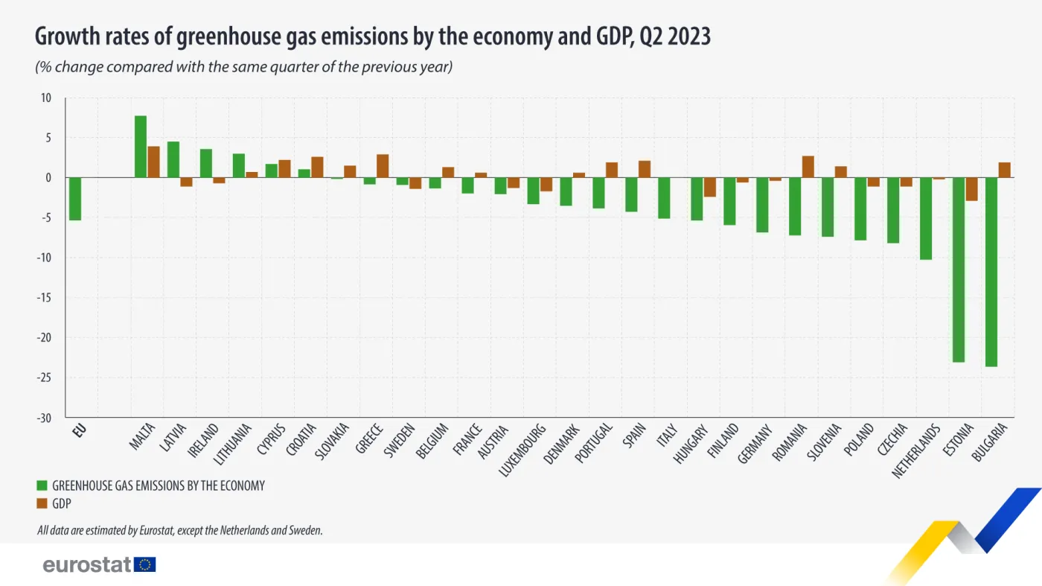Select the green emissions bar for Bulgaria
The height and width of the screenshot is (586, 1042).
coord(991,272)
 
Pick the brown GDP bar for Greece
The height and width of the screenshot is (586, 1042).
coord(383,166)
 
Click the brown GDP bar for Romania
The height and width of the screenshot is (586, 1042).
coord(808,167)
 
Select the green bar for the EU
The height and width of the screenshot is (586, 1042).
coord(74,199)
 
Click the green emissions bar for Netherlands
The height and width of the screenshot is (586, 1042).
coord(926,218)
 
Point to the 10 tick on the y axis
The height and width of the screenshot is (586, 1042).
coord(46,98)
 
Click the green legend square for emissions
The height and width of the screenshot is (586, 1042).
coord(42,485)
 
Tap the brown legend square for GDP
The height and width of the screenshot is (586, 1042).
coord(42,503)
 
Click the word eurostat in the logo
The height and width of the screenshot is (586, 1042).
coord(87,564)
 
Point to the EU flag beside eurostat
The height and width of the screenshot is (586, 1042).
coord(145,564)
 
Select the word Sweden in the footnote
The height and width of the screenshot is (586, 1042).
coord(304,531)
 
